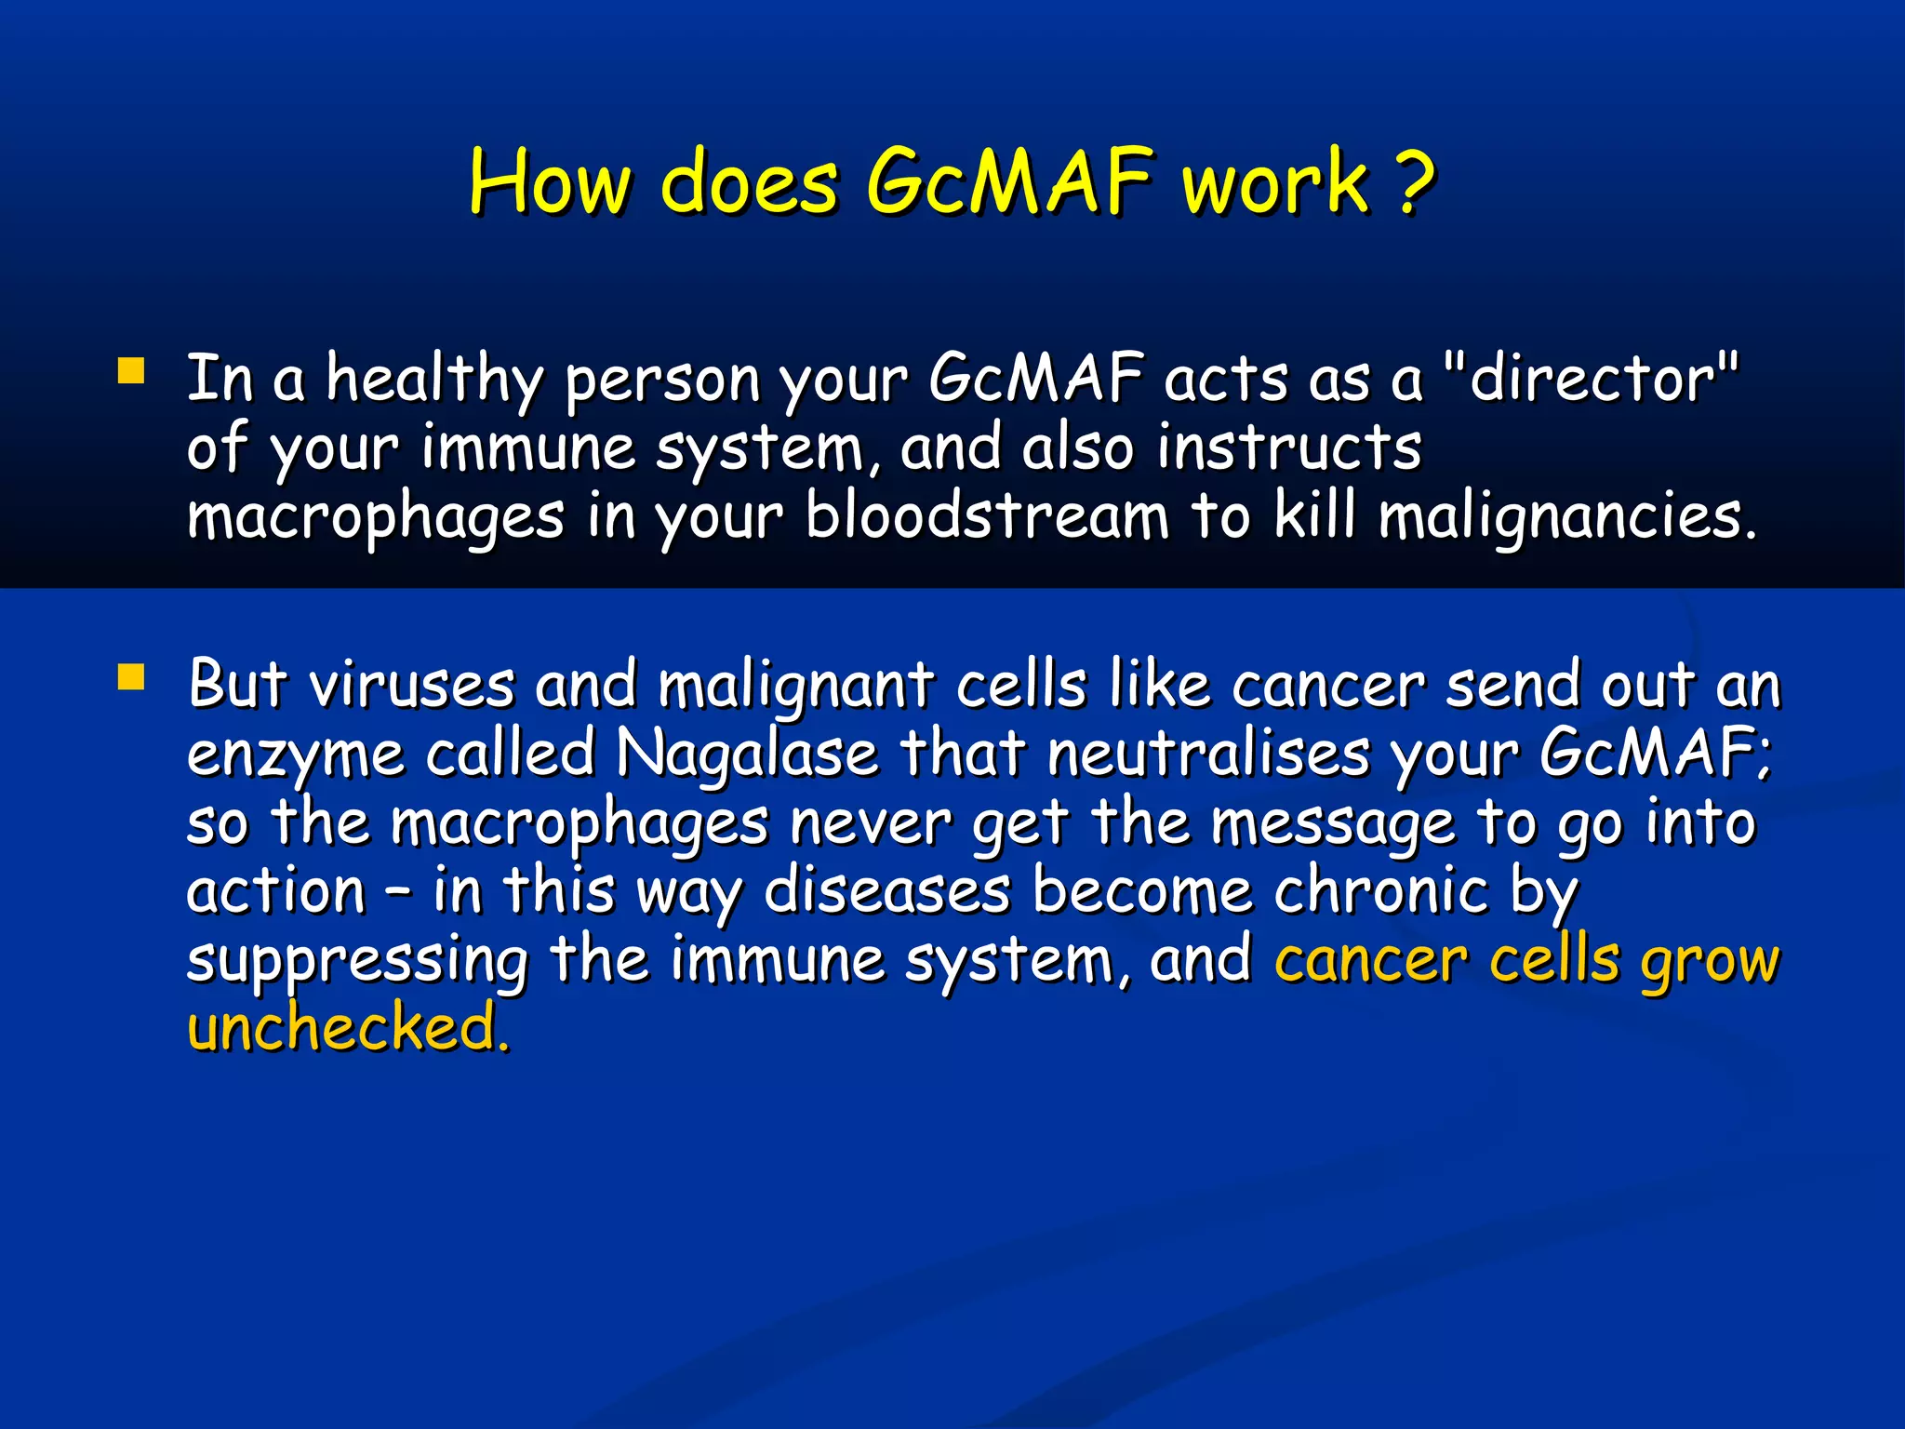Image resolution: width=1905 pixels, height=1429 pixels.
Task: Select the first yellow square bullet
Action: pyautogui.click(x=131, y=372)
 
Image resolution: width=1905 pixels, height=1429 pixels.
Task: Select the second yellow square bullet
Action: pyautogui.click(x=131, y=677)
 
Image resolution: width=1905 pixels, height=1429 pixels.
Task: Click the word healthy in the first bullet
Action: pyautogui.click(x=433, y=381)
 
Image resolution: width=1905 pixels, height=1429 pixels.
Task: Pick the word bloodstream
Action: pyautogui.click(x=986, y=517)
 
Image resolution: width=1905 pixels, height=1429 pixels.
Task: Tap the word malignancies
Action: pyautogui.click(x=1566, y=519)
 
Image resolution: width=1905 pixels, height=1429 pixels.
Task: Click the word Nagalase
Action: pyautogui.click(x=747, y=754)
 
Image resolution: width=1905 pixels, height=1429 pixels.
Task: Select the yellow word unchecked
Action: pyautogui.click(x=349, y=1028)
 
